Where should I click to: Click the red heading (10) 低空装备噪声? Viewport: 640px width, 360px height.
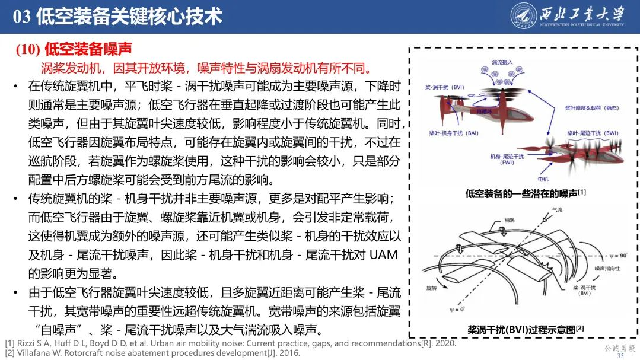pos(74,49)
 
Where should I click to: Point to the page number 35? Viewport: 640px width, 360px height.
pos(620,355)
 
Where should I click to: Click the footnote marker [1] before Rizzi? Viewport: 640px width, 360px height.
pos(9,343)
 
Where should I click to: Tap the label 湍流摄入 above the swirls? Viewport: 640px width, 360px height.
pos(503,62)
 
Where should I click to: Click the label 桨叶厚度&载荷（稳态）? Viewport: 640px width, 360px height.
pos(591,108)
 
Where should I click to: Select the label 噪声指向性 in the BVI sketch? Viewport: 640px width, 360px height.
pos(605,269)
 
